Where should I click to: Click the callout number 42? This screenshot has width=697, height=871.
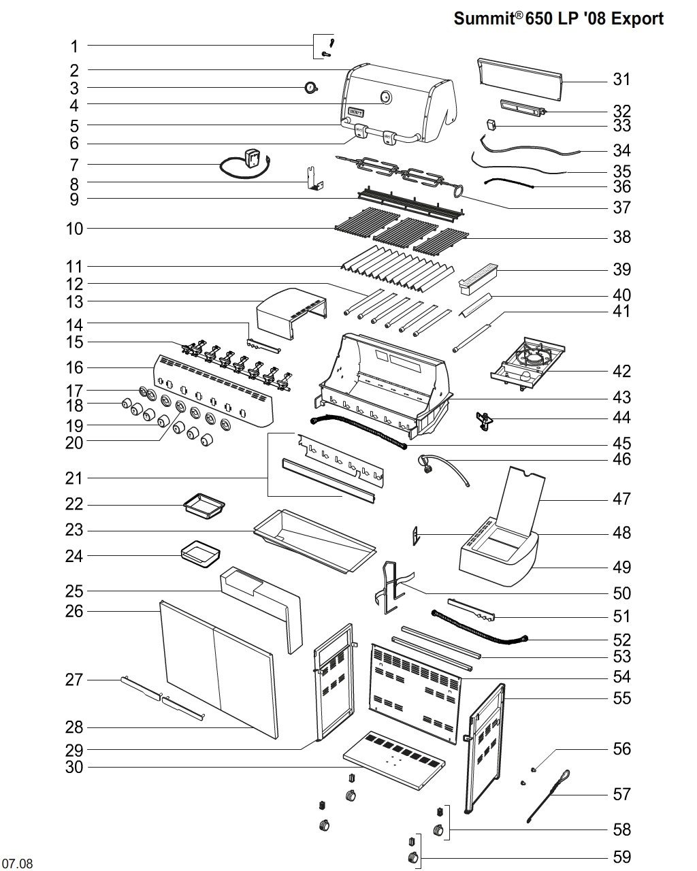[621, 371]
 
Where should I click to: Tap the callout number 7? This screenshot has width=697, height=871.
[74, 165]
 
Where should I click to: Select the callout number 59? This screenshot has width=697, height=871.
[621, 857]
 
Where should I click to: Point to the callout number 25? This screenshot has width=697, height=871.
[74, 591]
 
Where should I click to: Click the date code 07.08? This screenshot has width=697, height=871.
[16, 864]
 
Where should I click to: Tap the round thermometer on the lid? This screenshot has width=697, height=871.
[386, 97]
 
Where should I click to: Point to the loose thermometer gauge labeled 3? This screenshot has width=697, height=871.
[311, 88]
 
